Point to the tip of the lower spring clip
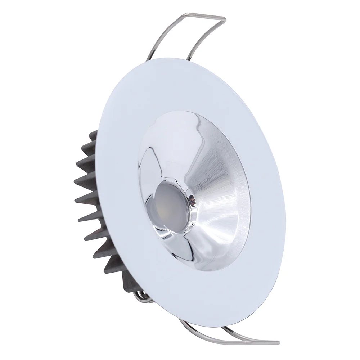pyautogui.click(x=277, y=341)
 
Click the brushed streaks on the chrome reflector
pyautogui.click(x=212, y=169)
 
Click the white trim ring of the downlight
pyautogui.click(x=194, y=90)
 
